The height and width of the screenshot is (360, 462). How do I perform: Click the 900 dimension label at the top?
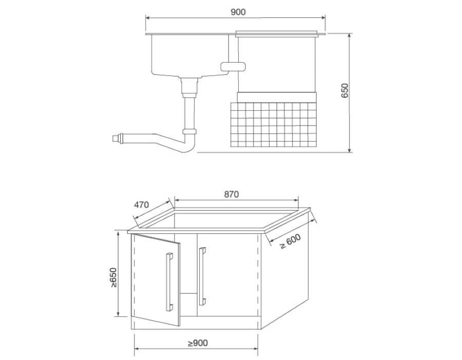click(x=238, y=12)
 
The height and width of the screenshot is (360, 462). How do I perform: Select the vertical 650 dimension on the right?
click(x=345, y=91)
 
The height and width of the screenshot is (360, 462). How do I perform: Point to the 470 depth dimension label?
click(x=141, y=205)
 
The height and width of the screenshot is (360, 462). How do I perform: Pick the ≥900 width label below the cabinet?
click(x=198, y=343)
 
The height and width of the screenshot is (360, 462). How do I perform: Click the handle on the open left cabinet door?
click(x=168, y=282)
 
